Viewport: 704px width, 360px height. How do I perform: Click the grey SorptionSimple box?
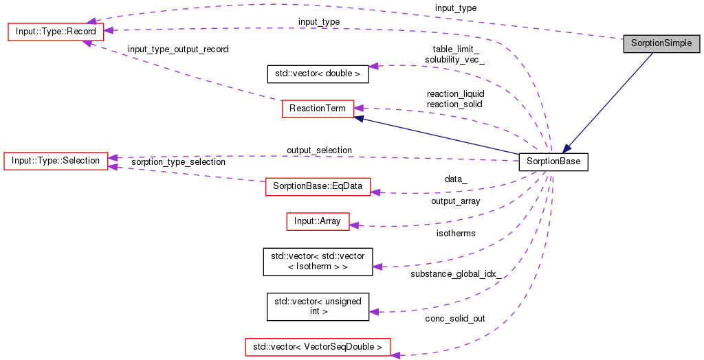(661, 43)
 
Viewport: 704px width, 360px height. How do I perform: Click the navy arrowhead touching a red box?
(360, 119)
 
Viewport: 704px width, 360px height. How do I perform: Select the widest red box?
(318, 347)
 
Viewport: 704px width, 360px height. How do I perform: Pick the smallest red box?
(318, 221)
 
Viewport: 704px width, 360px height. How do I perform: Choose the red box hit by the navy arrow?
(318, 109)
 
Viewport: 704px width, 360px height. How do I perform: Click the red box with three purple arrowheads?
(56, 32)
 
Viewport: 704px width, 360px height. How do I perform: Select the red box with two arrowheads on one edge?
(56, 161)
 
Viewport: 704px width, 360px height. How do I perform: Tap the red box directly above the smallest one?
(318, 186)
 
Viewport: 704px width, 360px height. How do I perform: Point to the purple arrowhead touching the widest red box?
(395, 355)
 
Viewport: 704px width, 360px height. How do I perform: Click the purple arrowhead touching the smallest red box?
(354, 225)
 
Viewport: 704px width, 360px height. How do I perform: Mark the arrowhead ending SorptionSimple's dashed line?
(91, 21)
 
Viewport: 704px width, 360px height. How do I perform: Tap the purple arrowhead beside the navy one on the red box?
(358, 107)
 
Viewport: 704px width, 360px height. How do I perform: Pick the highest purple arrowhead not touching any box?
(373, 66)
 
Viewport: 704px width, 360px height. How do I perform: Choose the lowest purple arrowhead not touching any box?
(374, 312)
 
